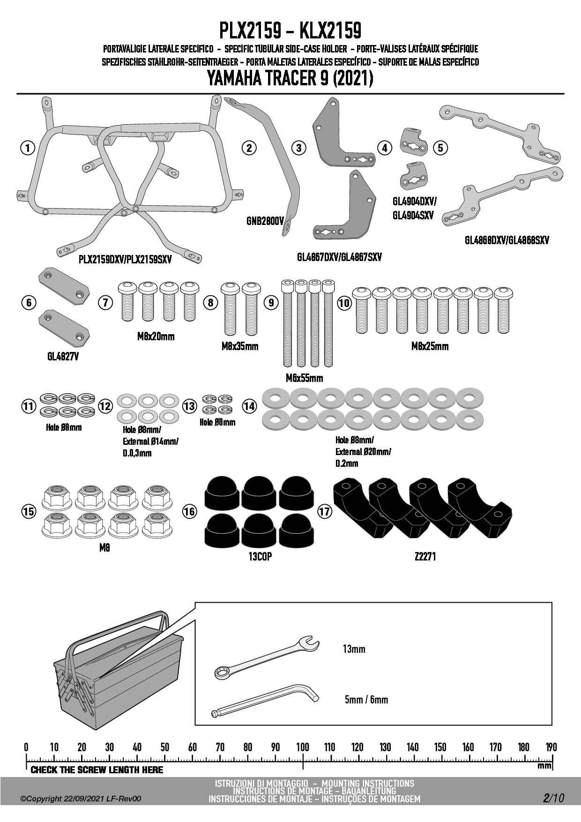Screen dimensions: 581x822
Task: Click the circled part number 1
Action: (x=28, y=148)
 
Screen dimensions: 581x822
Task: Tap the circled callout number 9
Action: (x=271, y=302)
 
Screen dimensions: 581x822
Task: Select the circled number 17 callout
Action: (x=325, y=511)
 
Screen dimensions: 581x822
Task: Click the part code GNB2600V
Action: (x=265, y=220)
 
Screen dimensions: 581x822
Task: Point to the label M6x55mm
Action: (x=304, y=378)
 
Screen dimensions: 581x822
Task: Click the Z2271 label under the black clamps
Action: (x=425, y=556)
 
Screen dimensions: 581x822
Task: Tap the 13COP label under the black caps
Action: (x=260, y=556)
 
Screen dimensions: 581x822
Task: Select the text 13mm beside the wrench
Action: (x=354, y=649)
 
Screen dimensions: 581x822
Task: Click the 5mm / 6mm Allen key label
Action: (x=366, y=700)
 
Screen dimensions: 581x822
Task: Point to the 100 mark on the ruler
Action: (x=303, y=747)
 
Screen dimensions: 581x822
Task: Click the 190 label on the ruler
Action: (x=551, y=747)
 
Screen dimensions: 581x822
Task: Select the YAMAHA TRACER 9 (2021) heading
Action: (x=290, y=78)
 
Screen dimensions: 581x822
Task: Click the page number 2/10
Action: (x=553, y=798)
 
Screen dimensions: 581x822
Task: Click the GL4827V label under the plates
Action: (x=63, y=357)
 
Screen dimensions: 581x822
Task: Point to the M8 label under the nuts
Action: (x=104, y=547)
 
